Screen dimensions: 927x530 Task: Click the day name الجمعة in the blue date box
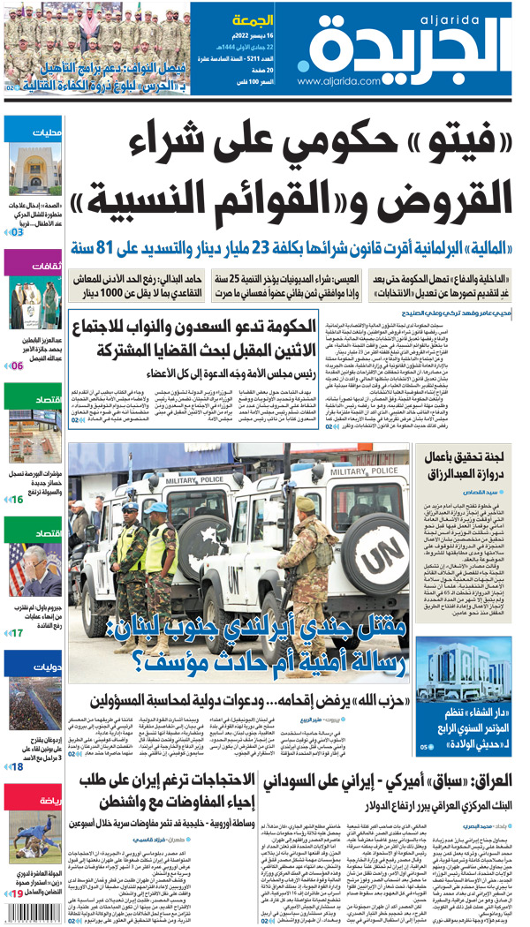click(253, 19)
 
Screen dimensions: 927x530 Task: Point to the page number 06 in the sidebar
click(16, 364)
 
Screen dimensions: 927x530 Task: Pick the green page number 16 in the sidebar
click(16, 500)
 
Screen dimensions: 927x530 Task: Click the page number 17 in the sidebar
click(16, 632)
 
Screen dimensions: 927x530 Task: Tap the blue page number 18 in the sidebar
click(16, 766)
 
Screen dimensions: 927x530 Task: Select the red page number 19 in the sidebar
click(16, 893)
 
